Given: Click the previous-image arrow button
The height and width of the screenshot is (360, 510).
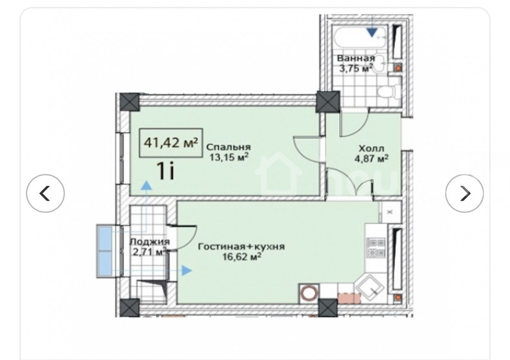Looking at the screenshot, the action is pyautogui.click(x=45, y=193).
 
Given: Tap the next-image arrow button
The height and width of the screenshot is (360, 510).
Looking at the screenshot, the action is pyautogui.click(x=465, y=193).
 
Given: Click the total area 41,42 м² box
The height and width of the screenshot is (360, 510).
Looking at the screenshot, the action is pyautogui.click(x=171, y=143).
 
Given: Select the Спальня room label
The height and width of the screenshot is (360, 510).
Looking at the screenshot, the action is pyautogui.click(x=228, y=147).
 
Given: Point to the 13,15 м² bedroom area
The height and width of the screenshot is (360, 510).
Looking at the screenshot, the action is pyautogui.click(x=229, y=157).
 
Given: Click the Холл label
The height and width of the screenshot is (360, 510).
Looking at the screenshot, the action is pyautogui.click(x=371, y=148).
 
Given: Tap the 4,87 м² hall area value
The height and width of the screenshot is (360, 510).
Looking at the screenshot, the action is pyautogui.click(x=371, y=158).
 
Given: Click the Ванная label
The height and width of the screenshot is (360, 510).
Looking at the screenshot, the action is pyautogui.click(x=356, y=58).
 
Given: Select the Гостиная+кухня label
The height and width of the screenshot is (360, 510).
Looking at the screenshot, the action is pyautogui.click(x=241, y=247).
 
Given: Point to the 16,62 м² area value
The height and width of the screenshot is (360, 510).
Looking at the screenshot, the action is pyautogui.click(x=242, y=257).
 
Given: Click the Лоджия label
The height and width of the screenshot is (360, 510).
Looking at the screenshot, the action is pyautogui.click(x=150, y=241).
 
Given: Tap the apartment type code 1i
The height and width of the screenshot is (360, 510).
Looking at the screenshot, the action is pyautogui.click(x=166, y=171).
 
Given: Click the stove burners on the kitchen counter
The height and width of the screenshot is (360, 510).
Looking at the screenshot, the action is pyautogui.click(x=376, y=247).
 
